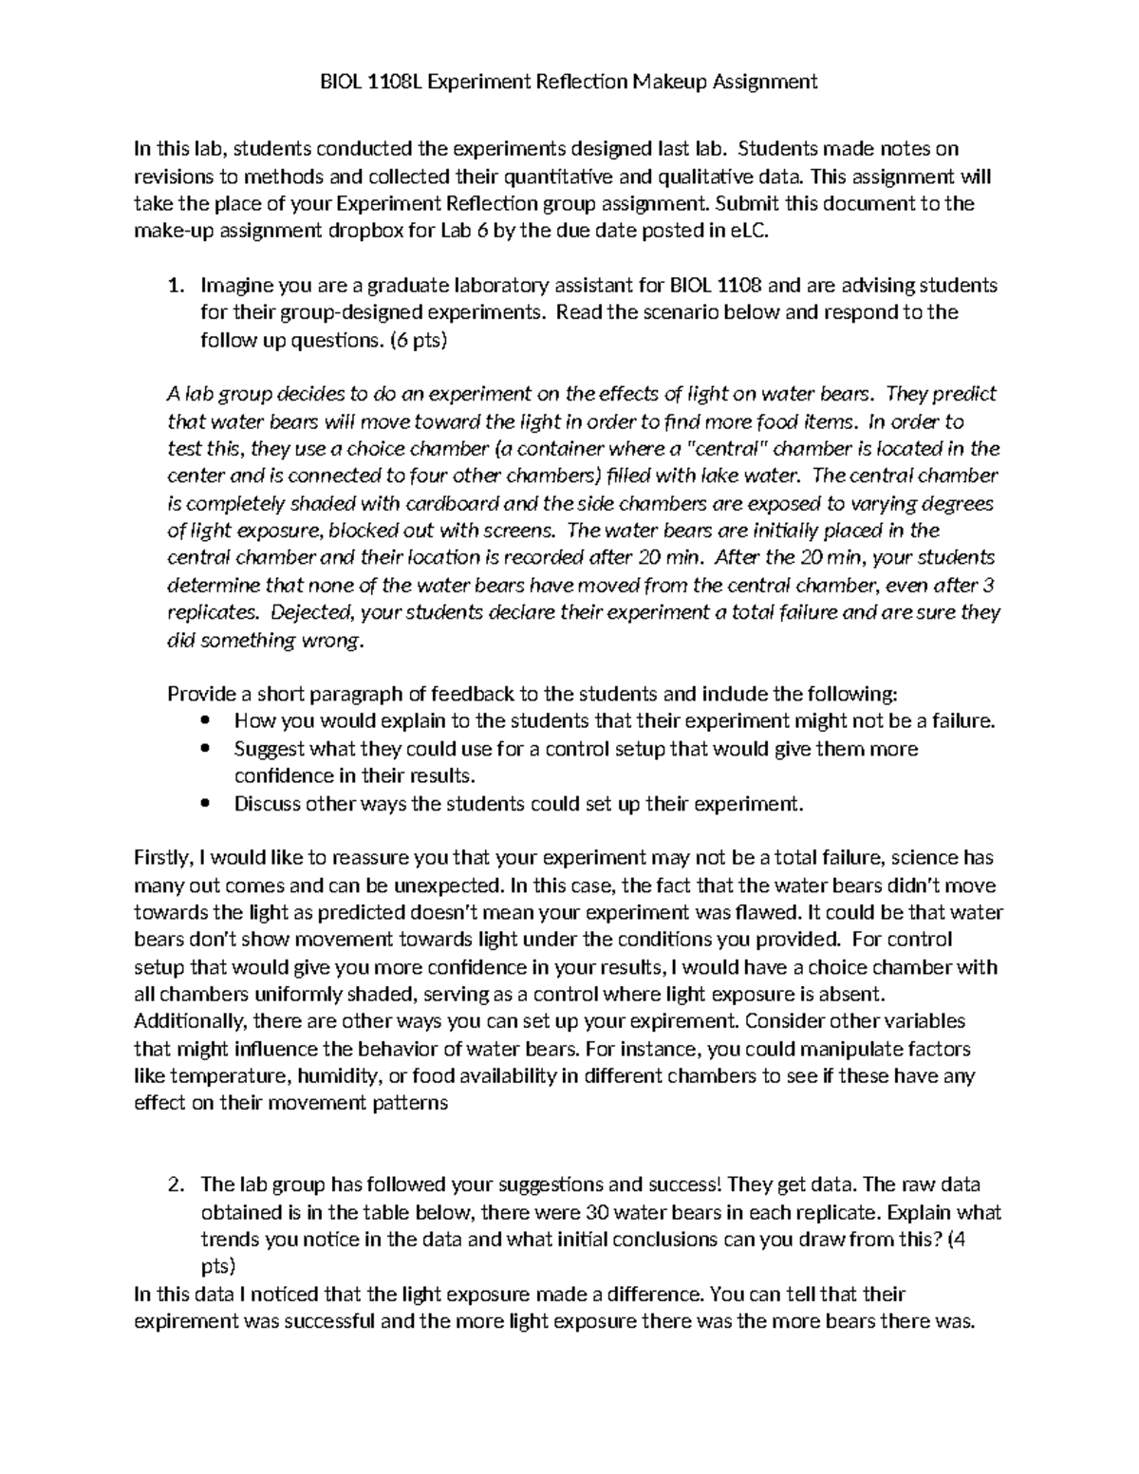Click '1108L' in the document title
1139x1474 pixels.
coord(390,82)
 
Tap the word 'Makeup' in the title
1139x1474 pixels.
coord(673,82)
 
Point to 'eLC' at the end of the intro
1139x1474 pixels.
coord(742,231)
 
